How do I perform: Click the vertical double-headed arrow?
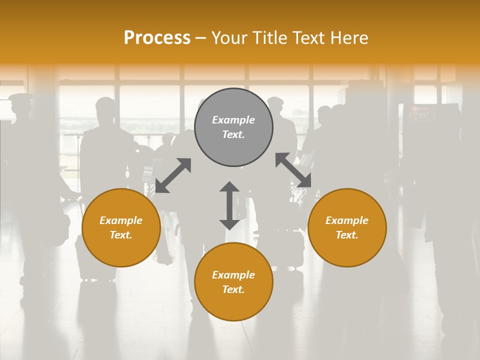229,205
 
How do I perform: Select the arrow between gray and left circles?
173,175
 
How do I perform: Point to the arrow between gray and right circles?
293,170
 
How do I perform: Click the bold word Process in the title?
157,38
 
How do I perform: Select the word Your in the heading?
229,38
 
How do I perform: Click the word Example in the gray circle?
233,120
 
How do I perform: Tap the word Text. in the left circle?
121,235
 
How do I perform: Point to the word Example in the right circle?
347,220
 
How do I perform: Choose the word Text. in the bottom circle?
233,289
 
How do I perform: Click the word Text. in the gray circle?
233,134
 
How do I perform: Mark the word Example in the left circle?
121,220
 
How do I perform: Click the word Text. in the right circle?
347,235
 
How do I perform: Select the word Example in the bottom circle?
233,275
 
